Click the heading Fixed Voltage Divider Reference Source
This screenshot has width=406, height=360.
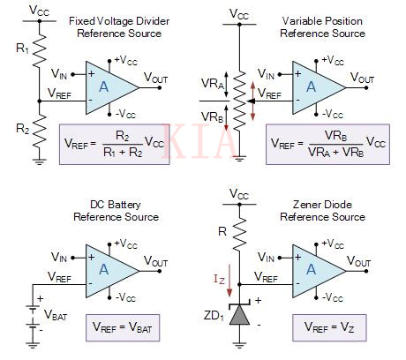119,26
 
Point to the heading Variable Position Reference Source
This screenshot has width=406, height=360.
322,26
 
